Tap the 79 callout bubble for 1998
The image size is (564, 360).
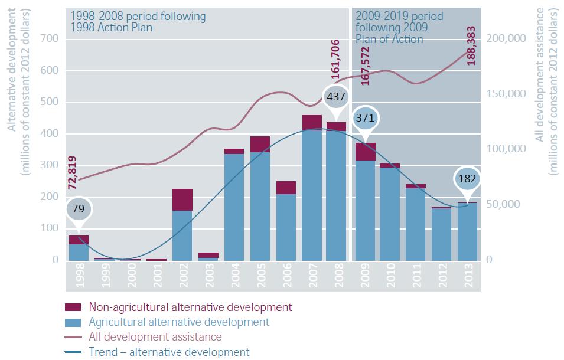[78, 208]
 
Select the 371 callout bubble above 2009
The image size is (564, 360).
[365, 118]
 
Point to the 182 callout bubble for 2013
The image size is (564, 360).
[467, 179]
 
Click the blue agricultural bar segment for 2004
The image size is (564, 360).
[234, 207]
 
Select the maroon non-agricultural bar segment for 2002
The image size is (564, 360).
[182, 199]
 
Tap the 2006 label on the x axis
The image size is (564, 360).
[286, 276]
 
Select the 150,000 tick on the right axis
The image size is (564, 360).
[506, 94]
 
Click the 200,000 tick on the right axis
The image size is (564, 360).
[506, 39]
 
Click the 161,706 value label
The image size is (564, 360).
[335, 59]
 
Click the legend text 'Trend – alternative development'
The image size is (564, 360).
[169, 352]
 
